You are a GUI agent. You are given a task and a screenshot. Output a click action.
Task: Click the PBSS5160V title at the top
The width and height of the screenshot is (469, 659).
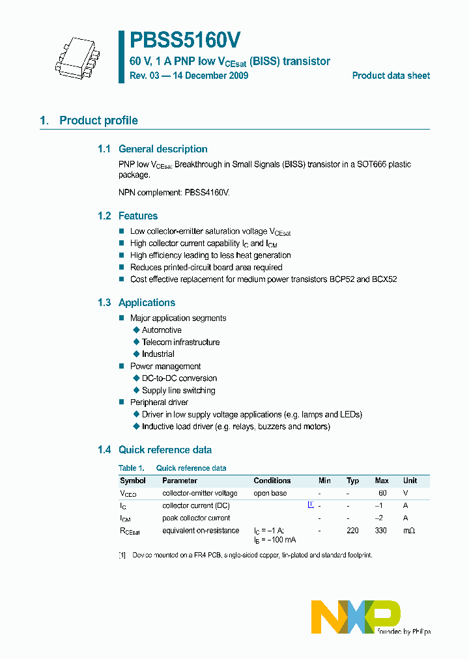click(186, 41)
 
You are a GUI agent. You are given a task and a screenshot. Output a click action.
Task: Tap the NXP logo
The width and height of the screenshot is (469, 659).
click(356, 617)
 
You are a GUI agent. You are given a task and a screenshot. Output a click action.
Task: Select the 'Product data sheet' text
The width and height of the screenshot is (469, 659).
click(391, 76)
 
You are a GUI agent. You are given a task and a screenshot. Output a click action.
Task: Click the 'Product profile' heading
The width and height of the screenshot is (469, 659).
click(98, 120)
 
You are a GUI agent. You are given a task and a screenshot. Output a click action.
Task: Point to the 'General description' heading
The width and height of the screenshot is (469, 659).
click(163, 149)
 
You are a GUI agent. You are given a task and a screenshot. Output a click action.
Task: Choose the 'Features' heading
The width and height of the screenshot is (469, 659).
click(138, 216)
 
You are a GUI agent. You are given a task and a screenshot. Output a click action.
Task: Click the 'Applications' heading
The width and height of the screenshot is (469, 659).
click(147, 303)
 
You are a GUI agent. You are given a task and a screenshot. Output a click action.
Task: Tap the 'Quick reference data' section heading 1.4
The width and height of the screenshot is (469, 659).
click(165, 450)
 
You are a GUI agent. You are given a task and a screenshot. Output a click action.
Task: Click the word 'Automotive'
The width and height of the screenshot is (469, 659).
click(162, 330)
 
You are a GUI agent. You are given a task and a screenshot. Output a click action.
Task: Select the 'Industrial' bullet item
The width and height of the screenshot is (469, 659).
click(158, 354)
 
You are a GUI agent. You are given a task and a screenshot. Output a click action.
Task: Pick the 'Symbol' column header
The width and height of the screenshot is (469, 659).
click(133, 481)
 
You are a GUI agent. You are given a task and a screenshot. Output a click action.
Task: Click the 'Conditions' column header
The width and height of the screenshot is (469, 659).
click(272, 481)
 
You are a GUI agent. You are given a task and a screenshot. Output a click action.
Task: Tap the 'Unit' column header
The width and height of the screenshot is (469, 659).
click(410, 481)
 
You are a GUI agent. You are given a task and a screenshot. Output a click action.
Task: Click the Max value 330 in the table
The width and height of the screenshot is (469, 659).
click(380, 531)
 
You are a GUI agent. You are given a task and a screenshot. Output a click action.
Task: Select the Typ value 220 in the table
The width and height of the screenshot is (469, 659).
click(352, 531)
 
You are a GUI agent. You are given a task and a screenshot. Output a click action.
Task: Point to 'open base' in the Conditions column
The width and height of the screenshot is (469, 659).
click(270, 493)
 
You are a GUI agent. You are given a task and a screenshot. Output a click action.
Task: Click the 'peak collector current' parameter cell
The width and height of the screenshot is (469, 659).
click(196, 518)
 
